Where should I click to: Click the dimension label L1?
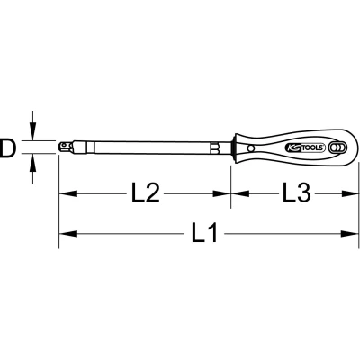[204, 233]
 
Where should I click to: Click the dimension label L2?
[146, 193]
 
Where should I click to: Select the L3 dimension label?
[296, 193]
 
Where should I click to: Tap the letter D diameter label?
[7, 148]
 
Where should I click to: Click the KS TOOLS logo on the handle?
[305, 148]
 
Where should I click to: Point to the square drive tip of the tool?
[65, 147]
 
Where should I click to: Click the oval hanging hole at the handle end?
[337, 148]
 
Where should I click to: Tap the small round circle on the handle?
[251, 148]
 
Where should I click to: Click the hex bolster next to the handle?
[215, 148]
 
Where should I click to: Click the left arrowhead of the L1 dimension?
[68, 234]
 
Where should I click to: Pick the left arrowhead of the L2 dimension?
[68, 193]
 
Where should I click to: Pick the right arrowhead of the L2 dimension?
[221, 193]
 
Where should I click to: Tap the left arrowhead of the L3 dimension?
[240, 193]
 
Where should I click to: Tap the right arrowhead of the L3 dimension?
[349, 193]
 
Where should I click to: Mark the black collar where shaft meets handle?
[232, 148]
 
